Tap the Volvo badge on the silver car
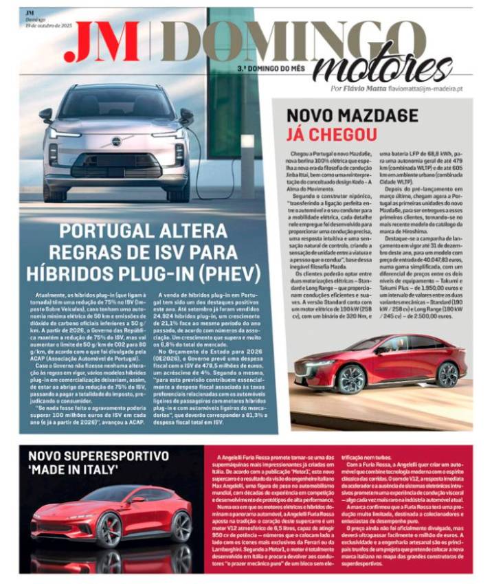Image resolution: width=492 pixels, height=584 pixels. point(116,141)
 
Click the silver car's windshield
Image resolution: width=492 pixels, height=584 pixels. point(115,103)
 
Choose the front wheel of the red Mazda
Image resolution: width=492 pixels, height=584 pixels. point(350,378)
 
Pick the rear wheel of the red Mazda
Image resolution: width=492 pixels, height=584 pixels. point(448,374)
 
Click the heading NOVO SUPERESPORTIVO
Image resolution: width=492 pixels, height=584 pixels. point(98,456)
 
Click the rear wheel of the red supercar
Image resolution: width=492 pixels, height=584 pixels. point(181,526)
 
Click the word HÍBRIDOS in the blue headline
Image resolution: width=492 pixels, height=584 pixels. point(81,273)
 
